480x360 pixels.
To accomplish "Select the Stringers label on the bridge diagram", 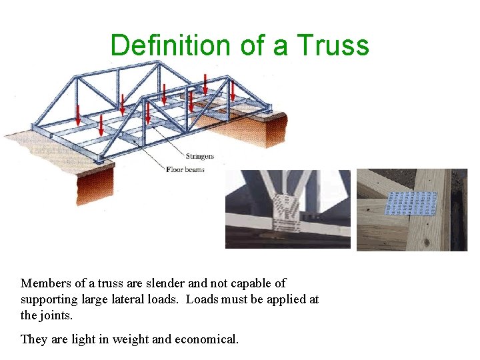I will [x=200, y=157].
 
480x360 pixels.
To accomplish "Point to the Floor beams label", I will [x=185, y=169].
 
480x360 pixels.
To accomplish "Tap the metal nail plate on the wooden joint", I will [x=411, y=204].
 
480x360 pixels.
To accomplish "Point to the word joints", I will [x=57, y=315].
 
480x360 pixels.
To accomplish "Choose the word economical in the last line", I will [x=206, y=339].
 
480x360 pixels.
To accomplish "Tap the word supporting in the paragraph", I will [x=49, y=299].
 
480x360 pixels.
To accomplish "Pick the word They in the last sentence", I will [x=33, y=339].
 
